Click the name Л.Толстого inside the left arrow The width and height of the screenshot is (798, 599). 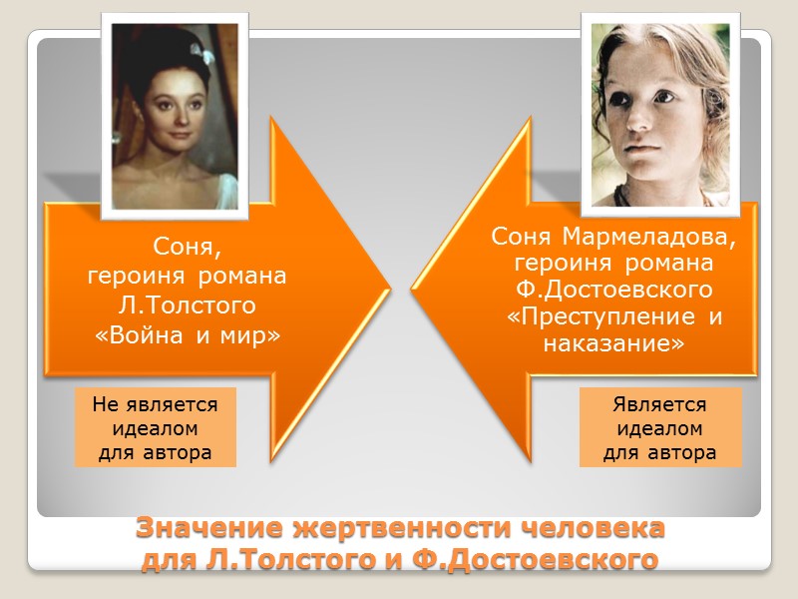coord(188,302)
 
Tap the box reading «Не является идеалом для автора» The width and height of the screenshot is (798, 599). coord(156,427)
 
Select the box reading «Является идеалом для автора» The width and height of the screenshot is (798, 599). coord(660,427)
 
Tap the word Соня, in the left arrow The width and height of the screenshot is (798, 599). coord(188,246)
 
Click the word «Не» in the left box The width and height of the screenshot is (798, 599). coord(108,404)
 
